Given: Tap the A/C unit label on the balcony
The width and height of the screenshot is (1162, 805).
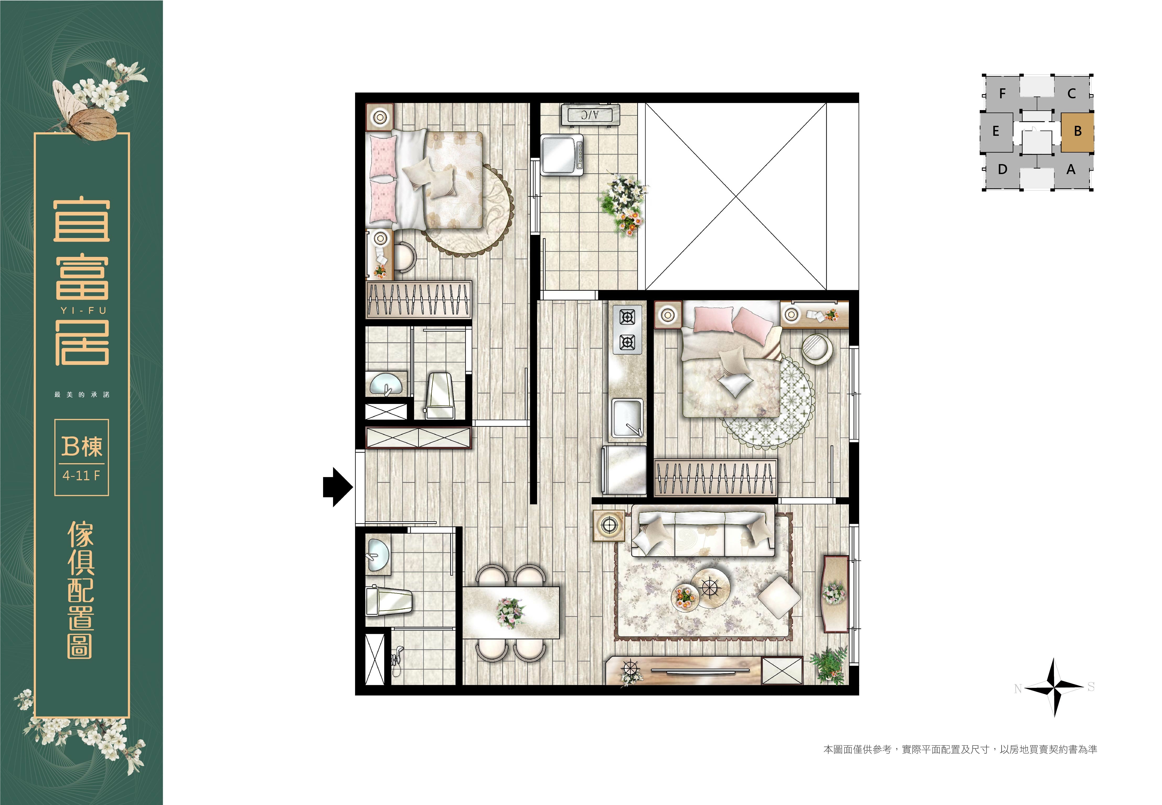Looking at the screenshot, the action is click(x=589, y=115).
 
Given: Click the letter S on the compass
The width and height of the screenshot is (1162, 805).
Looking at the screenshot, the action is click(x=1091, y=687).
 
